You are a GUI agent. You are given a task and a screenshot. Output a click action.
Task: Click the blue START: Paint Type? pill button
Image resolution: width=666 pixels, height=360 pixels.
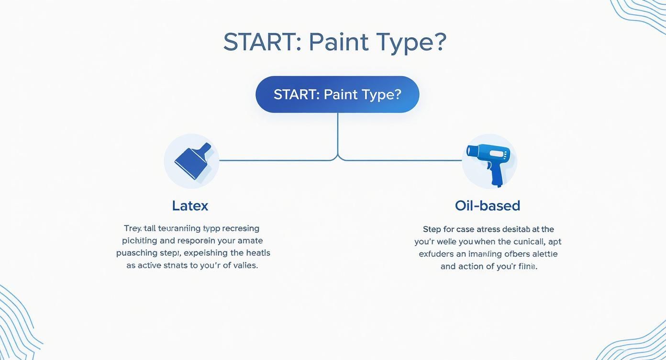[x=337, y=94]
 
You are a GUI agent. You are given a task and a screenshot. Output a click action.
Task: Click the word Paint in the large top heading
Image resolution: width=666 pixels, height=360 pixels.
[x=339, y=43]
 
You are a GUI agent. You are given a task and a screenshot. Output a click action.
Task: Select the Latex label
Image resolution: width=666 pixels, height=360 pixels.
[x=190, y=206]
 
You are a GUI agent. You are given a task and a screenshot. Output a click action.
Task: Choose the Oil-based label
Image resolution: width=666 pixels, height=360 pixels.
[x=487, y=206]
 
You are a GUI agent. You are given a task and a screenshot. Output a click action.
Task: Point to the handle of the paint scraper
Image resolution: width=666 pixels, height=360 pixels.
[x=205, y=149]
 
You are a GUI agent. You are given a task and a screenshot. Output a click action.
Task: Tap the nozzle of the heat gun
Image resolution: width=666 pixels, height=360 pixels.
[x=472, y=151]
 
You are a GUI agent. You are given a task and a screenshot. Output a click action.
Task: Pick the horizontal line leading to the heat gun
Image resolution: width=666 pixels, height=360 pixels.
[x=402, y=160]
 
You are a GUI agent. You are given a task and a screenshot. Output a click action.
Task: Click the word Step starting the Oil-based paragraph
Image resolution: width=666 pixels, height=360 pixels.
[x=432, y=229]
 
